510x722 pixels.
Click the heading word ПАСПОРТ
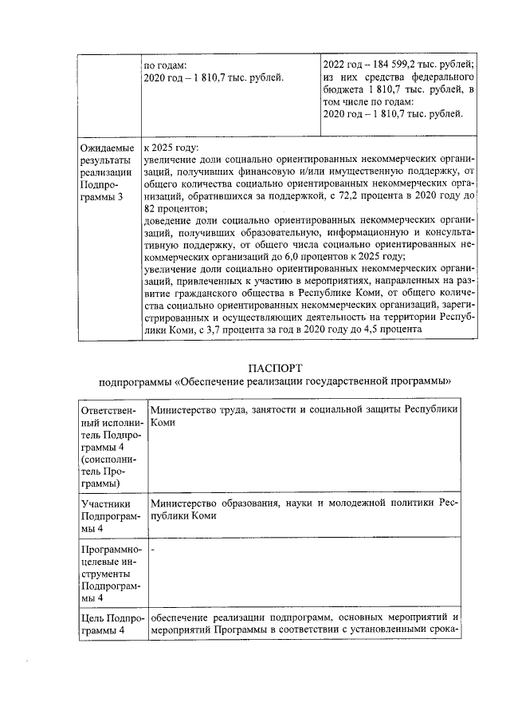(274, 368)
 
